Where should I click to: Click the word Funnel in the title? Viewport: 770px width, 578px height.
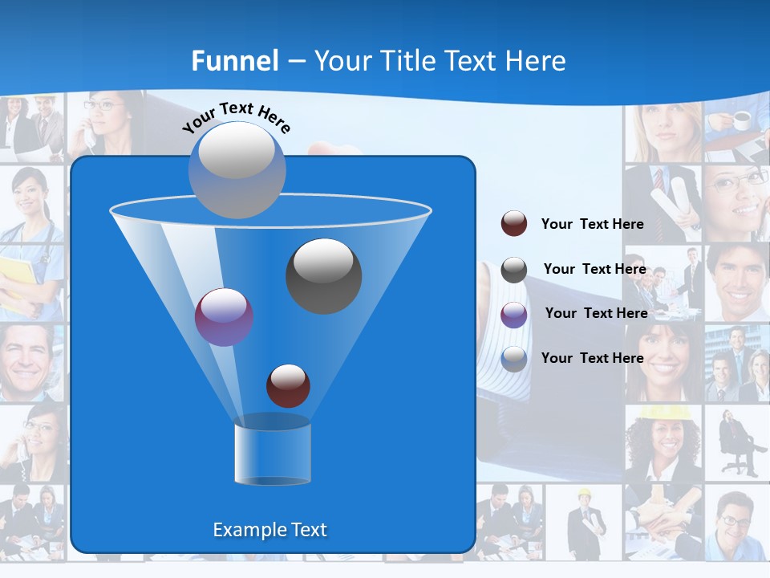click(235, 61)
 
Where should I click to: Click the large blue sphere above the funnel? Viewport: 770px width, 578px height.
click(237, 169)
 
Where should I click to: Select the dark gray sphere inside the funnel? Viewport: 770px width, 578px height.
click(323, 275)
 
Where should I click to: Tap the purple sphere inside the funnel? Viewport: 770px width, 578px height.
click(224, 317)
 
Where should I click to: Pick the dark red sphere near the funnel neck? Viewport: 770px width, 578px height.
click(288, 385)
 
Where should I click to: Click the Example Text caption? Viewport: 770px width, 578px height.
click(269, 530)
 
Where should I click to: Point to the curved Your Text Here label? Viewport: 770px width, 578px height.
click(237, 116)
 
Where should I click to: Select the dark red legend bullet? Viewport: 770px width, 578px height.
click(513, 224)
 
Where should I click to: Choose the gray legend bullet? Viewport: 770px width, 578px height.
click(513, 270)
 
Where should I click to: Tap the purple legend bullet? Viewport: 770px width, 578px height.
click(513, 315)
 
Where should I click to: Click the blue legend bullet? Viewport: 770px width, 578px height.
click(513, 359)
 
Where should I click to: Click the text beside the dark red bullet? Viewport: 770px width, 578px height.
click(592, 225)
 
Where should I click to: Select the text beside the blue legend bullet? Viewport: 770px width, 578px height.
click(592, 358)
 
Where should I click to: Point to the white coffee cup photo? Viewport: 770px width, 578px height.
click(740, 120)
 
